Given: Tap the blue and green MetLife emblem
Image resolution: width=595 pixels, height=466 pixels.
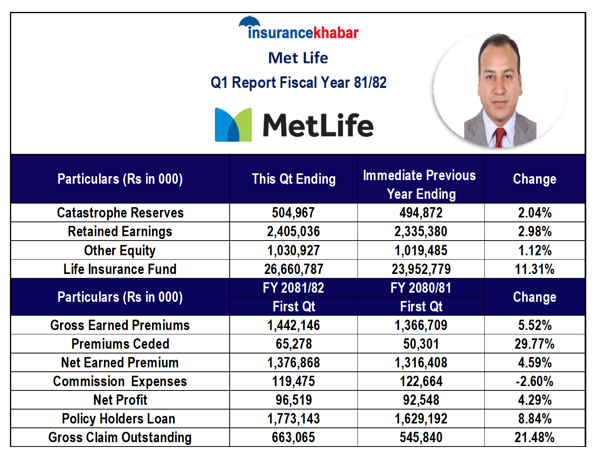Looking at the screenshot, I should tap(233, 125).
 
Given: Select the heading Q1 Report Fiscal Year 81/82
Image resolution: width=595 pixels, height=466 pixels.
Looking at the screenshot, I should tap(298, 83).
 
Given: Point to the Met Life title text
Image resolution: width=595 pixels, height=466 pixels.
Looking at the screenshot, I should tap(298, 58).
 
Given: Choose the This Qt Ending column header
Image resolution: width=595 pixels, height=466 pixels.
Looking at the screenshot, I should tap(294, 179).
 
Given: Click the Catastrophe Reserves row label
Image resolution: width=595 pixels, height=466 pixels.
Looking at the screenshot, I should tap(120, 213).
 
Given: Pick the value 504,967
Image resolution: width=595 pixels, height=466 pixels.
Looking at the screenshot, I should tap(293, 213).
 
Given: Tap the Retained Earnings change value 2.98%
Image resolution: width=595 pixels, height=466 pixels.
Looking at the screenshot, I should tap(535, 231).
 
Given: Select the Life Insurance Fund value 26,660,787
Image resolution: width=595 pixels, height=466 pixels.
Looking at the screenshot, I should tap(294, 269).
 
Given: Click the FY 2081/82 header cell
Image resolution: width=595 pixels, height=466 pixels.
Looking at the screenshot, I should tap(293, 287).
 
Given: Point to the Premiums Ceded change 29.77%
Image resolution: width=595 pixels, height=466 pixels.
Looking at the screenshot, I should tap(535, 344).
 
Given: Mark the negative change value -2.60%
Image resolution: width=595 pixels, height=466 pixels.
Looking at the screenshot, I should tap(535, 381).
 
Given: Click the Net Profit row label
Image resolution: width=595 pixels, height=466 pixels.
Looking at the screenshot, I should tap(120, 400).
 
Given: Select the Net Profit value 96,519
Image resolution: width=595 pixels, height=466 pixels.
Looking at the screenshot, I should tap(294, 400).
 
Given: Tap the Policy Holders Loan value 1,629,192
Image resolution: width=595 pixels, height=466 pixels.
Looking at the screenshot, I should tap(421, 419).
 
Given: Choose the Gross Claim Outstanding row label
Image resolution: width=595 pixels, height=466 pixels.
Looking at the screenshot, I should tap(120, 437).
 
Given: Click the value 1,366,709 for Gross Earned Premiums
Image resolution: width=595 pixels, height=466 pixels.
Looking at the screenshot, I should tap(421, 325).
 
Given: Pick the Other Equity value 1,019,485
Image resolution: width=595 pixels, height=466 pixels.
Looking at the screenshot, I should tap(421, 250).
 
